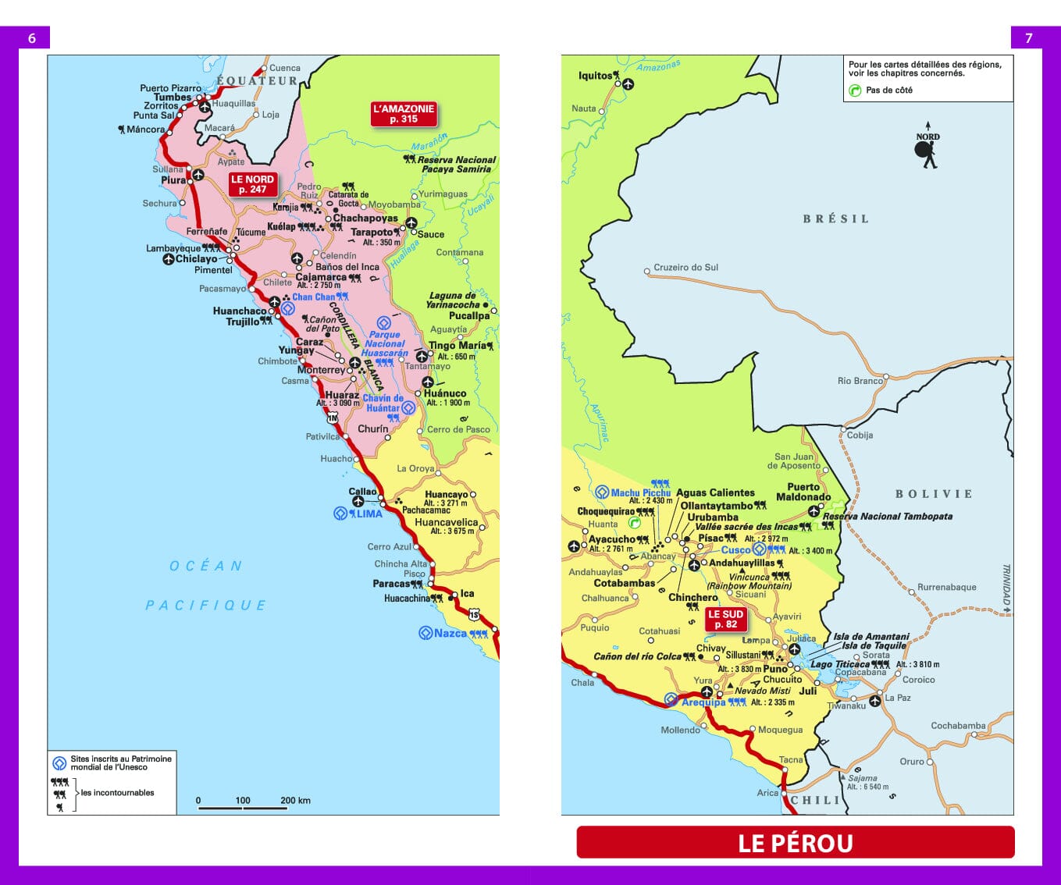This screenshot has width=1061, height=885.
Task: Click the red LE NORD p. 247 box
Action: coord(252,184)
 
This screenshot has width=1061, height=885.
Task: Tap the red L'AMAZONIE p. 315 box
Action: coord(404,114)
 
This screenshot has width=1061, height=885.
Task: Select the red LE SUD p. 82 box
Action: coord(725,619)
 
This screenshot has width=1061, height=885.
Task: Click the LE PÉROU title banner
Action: coord(795,843)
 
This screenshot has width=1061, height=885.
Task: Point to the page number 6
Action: coord(32,37)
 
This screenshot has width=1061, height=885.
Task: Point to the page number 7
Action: coord(1028,37)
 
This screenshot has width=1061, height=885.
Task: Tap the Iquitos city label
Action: coord(595,76)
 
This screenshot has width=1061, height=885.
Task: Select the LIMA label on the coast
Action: coord(369,514)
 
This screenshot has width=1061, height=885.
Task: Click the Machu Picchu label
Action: coord(640,492)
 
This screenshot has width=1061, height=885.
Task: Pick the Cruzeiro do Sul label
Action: coord(685,267)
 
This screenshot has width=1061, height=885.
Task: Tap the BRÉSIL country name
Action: coord(835,219)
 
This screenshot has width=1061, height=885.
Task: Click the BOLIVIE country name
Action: coord(933,494)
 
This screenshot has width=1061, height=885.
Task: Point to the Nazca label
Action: coord(450,633)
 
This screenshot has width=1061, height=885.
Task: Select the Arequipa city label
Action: coord(703,702)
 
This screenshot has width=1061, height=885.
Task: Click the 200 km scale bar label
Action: coord(295,800)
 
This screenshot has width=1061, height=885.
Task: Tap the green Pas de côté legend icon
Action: coord(855,91)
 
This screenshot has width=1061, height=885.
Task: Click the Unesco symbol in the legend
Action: coord(59,762)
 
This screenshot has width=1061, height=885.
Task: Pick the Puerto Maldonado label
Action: coord(803,492)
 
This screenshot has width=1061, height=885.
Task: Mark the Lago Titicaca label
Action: coord(839,664)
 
